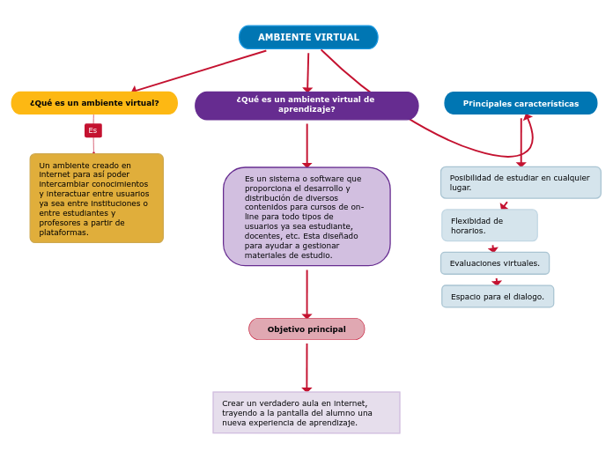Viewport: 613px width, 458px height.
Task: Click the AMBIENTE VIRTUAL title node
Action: coord(308,37)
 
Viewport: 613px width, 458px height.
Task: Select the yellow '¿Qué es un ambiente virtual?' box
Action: coord(94,103)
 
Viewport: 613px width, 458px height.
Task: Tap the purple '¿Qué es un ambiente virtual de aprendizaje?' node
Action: coord(306,105)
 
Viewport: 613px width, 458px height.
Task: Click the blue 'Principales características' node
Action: coord(521,103)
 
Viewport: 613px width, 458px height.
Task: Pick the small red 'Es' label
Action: coord(92,130)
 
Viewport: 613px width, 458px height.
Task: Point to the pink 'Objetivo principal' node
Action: coord(306,329)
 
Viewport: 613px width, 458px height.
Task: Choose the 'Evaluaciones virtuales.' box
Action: coord(495,263)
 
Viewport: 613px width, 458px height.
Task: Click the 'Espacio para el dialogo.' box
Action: coord(498,297)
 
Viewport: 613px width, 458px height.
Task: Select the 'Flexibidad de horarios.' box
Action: coord(489,225)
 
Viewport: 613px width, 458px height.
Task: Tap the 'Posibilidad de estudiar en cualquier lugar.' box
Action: coord(520,182)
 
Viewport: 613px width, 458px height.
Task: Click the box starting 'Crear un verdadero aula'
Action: coord(306,412)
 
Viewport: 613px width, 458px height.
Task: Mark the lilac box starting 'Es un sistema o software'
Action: coord(306,217)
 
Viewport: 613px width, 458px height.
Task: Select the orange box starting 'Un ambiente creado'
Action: coord(96,198)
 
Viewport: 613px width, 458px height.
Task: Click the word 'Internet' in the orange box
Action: coord(55,174)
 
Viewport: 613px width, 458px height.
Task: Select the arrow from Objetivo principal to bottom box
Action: coord(306,366)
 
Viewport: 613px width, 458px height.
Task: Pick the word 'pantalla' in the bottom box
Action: coord(301,412)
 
